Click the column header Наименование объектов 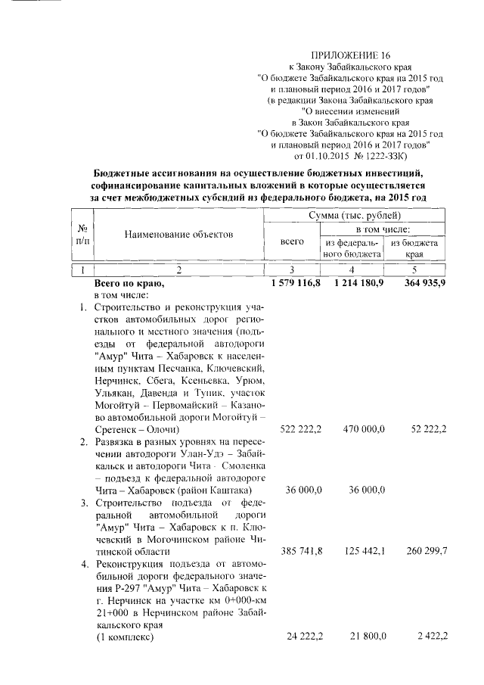178,235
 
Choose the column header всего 292,241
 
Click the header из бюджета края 414,249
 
